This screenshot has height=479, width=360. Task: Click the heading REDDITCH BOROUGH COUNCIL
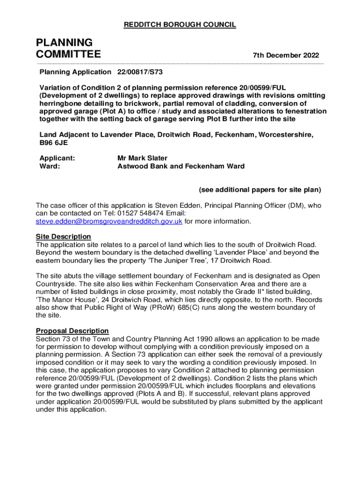click(180, 25)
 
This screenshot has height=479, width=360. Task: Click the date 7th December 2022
click(286, 56)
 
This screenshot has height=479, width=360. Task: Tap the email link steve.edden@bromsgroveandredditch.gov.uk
click(109, 221)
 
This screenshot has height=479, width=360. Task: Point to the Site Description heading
click(64, 237)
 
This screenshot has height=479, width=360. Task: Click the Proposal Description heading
click(72, 331)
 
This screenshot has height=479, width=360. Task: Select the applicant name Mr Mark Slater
click(142, 158)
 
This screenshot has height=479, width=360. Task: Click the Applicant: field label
click(58, 158)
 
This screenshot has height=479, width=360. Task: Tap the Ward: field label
click(50, 166)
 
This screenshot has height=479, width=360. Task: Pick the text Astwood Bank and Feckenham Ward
click(181, 166)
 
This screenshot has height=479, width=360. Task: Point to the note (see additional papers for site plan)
click(260, 190)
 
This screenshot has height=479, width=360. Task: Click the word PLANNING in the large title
click(64, 43)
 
